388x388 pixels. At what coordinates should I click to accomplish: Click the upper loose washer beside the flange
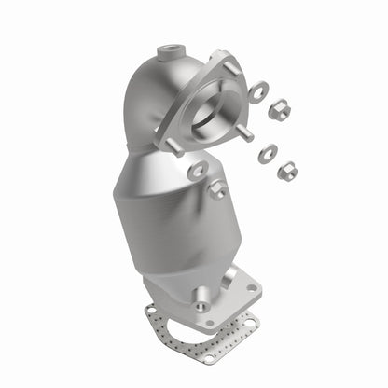pos(258,91)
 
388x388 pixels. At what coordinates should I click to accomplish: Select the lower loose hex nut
pos(287,170)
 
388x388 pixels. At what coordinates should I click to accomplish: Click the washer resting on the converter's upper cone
pos(198,171)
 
